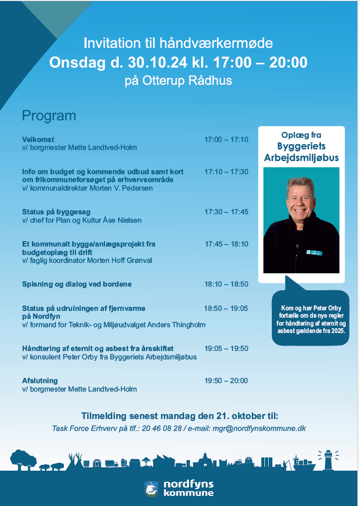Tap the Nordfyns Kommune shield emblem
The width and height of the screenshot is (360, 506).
click(150, 488)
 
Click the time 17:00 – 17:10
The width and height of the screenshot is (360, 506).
click(226, 139)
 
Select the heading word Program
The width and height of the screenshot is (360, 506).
click(49, 116)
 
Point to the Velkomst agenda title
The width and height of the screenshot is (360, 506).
click(38, 139)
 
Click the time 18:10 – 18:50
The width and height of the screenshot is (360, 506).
click(226, 284)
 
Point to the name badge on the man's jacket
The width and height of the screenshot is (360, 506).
click(314, 252)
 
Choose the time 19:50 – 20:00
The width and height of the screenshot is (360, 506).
click(226, 381)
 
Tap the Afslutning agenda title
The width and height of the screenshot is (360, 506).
click(40, 381)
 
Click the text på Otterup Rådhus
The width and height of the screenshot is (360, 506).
click(178, 81)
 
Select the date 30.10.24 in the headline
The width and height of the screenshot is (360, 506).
click(157, 63)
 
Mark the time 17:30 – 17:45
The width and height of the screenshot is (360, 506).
click(226, 212)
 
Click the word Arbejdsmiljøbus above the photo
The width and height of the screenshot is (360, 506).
click(301, 158)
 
